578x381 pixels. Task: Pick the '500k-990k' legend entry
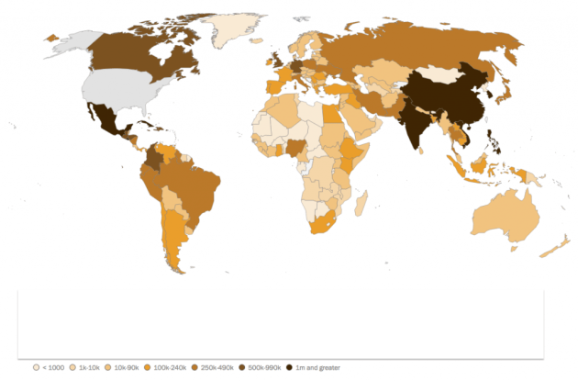click(264, 367)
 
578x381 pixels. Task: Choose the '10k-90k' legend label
click(125, 367)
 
